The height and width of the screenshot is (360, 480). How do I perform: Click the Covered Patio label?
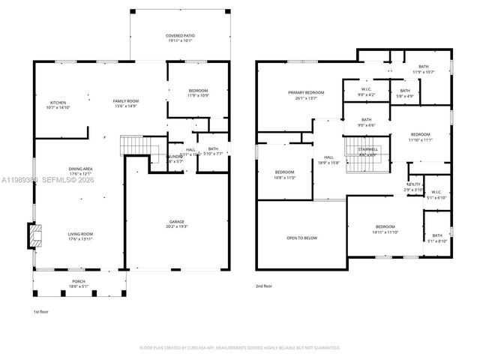[179, 39]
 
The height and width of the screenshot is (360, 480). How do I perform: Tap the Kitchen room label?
[58, 105]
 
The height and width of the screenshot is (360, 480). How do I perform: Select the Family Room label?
[126, 103]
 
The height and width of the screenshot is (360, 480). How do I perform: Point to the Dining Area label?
[80, 171]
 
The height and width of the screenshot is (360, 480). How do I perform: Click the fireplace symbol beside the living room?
[34, 236]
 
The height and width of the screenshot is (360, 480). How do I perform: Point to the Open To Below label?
[301, 238]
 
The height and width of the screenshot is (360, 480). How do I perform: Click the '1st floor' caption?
[42, 311]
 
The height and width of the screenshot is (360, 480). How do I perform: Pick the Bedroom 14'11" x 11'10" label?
[385, 229]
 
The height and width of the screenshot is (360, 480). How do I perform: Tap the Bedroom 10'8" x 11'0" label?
[284, 175]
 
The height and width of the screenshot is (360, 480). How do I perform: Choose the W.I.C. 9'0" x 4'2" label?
[366, 92]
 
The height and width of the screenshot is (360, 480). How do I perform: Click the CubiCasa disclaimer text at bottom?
[240, 347]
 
